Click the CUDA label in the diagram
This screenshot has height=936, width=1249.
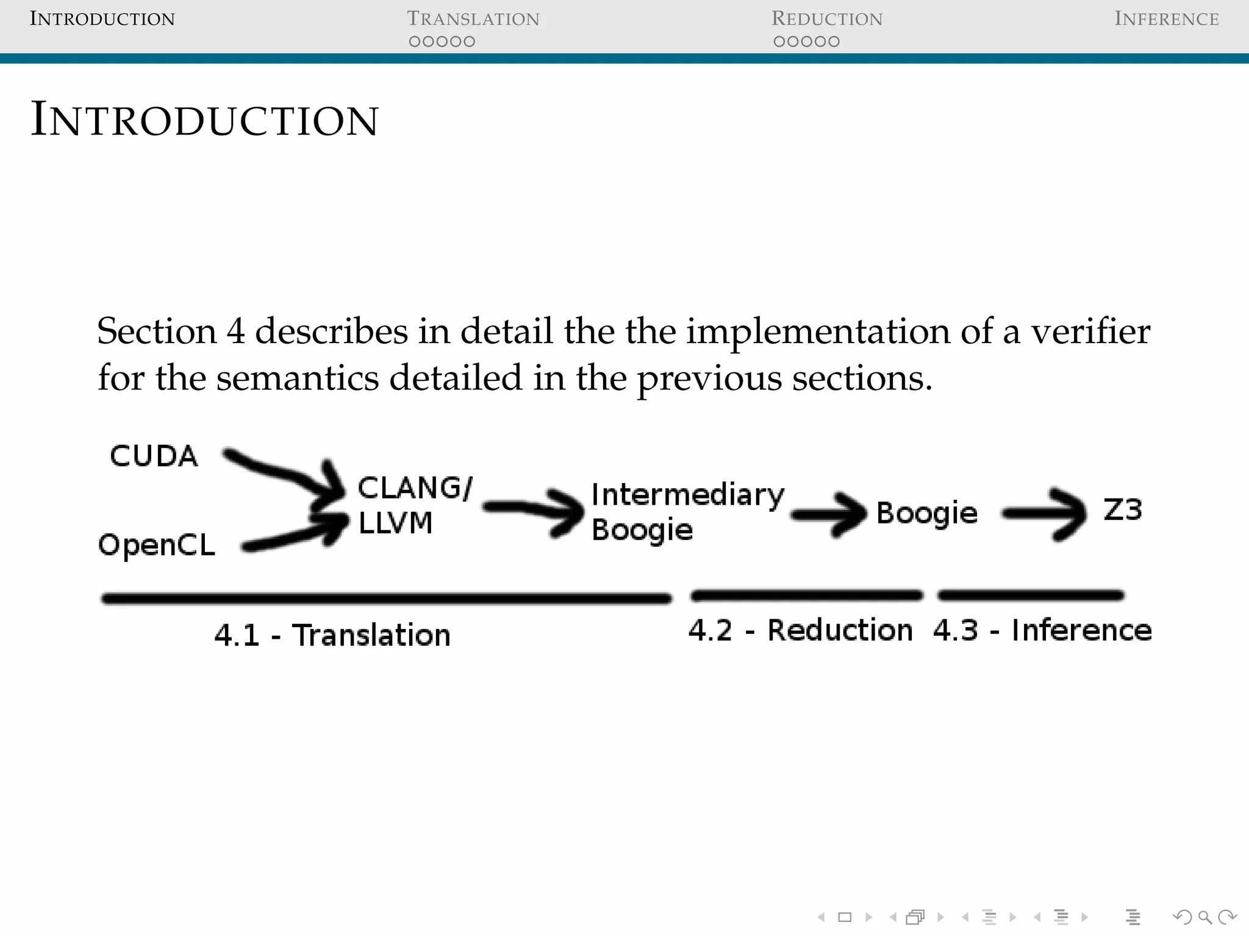tap(154, 456)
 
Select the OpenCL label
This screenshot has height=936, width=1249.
tap(157, 544)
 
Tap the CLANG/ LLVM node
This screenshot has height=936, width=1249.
tap(414, 505)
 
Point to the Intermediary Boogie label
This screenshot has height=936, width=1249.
tap(687, 511)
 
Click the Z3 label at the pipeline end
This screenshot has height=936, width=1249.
tap(1122, 509)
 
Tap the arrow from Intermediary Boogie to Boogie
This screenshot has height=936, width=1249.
tap(829, 514)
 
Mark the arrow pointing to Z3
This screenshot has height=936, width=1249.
tap(1043, 514)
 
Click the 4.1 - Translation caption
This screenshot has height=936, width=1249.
tap(332, 635)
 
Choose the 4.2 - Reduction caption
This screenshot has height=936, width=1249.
tap(800, 630)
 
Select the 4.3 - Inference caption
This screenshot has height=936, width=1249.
tap(1042, 630)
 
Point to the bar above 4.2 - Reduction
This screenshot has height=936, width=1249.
tap(806, 595)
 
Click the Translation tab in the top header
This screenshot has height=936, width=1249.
tap(473, 19)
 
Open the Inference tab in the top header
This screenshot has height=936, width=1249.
tap(1166, 19)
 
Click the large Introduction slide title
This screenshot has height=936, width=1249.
tap(204, 119)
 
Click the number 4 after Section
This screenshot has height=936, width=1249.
tap(235, 332)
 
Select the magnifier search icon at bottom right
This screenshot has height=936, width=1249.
tap(1204, 916)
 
